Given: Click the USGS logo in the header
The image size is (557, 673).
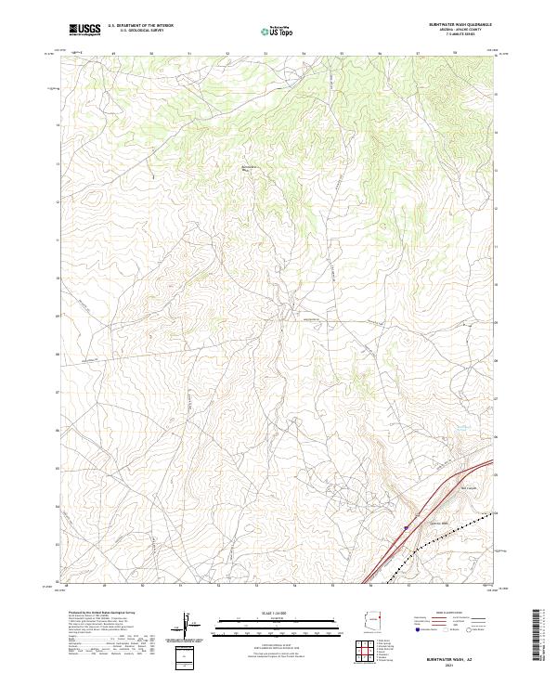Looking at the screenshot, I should click(x=84, y=30).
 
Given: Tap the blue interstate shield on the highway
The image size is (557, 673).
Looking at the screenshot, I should click(x=405, y=527).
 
